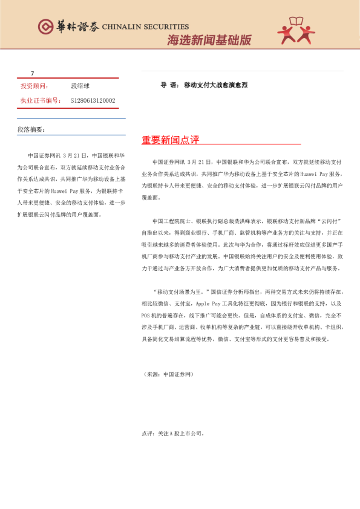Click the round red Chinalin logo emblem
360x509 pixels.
click(x=46, y=26)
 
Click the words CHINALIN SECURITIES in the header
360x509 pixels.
click(x=145, y=27)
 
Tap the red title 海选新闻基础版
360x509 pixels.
click(x=209, y=41)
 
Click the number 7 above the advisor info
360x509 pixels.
click(x=33, y=73)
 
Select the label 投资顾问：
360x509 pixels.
click(x=35, y=86)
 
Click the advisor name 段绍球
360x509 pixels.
click(x=80, y=86)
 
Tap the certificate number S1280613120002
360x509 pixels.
click(x=93, y=100)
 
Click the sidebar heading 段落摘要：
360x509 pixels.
click(x=31, y=129)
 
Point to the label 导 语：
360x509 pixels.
click(x=169, y=85)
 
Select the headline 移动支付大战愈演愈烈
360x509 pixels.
click(x=215, y=85)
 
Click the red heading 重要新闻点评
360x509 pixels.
click(x=171, y=140)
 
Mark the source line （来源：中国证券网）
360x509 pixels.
click(x=168, y=375)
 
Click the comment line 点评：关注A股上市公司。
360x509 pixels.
click(x=173, y=433)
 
